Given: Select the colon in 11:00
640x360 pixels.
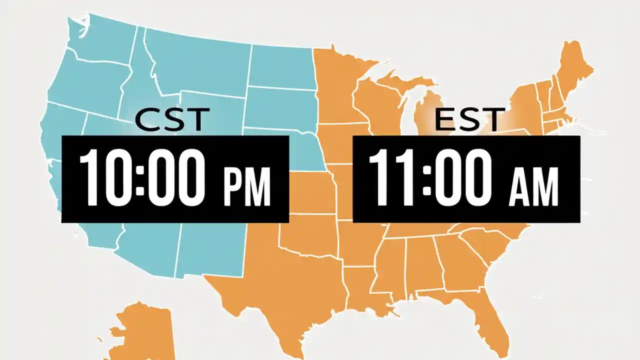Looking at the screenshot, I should (426, 177).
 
